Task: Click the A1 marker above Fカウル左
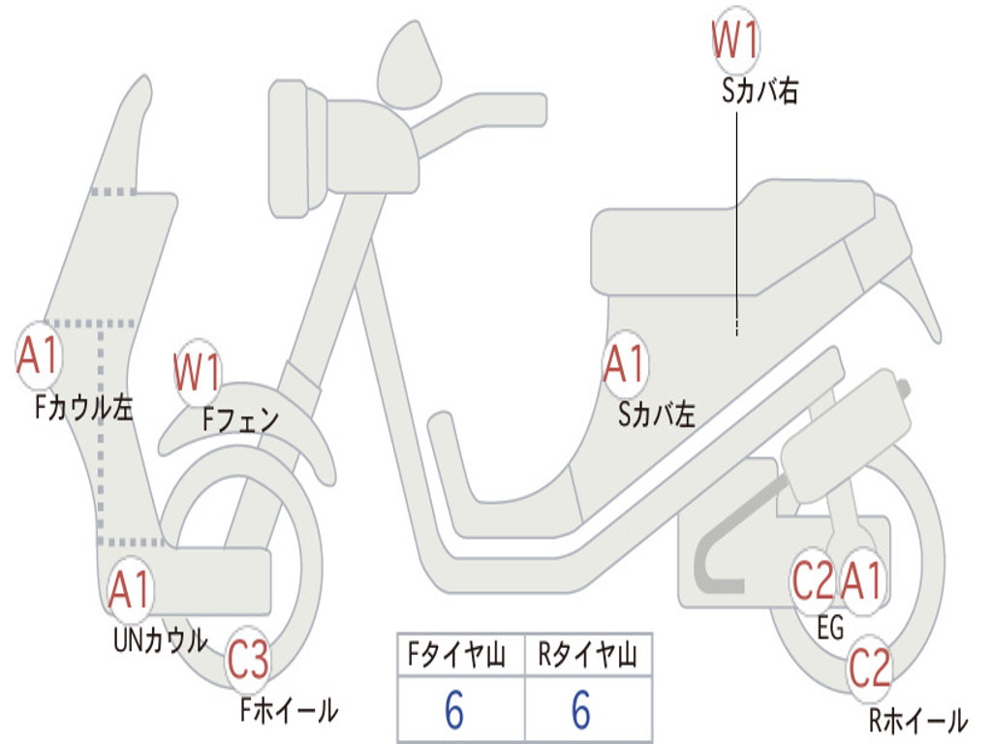39,356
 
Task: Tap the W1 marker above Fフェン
197,372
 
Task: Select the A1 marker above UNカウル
130,589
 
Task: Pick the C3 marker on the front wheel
249,659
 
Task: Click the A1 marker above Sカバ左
625,364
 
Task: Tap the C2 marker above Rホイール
869,668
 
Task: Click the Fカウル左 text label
83,408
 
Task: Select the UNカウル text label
161,640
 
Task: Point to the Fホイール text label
289,710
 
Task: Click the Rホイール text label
918,720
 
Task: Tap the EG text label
830,627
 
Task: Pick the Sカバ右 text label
759,91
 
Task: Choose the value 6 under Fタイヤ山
454,709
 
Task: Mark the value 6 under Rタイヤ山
581,709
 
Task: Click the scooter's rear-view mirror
409,65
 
